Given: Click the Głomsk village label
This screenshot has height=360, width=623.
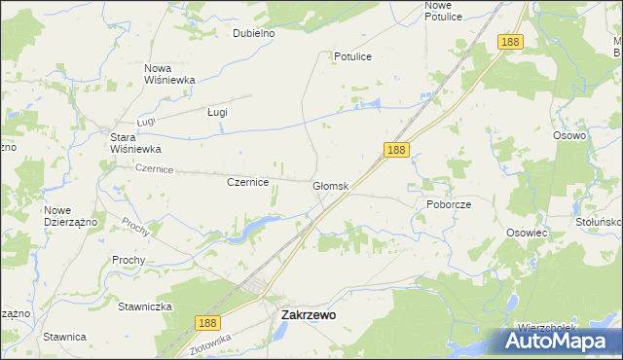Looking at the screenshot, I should [330, 186].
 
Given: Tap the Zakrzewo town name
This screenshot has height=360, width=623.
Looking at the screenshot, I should [309, 315].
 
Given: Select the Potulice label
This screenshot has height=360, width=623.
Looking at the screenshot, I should [352, 56].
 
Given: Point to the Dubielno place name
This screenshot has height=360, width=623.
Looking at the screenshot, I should [254, 33].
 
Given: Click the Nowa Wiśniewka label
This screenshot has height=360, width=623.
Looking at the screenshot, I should [170, 74].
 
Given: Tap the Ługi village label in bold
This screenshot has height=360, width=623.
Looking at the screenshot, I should [217, 112].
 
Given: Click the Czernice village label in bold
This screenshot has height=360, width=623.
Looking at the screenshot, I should [247, 182].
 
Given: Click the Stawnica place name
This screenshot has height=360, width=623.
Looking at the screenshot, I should [65, 337].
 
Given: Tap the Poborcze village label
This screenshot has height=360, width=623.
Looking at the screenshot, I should [449, 205].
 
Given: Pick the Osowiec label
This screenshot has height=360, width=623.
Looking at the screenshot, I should [529, 234].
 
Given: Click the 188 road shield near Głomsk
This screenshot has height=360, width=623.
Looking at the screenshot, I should [395, 150].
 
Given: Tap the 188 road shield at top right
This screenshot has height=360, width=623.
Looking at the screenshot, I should [510, 42].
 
